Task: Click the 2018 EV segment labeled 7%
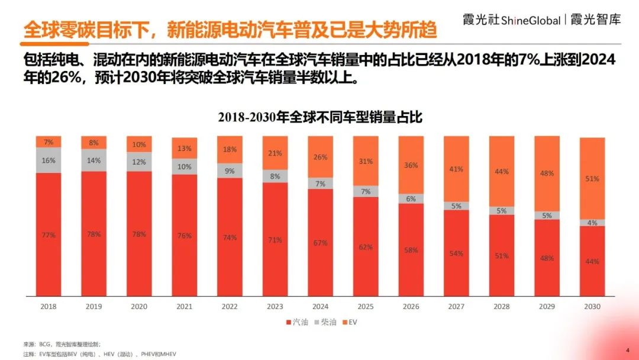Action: (49, 142)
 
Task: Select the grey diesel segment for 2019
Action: (93, 160)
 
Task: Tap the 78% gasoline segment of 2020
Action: (139, 234)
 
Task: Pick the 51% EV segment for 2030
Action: (592, 178)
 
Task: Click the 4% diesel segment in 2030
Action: (592, 223)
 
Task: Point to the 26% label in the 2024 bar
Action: (320, 157)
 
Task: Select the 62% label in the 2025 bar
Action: (366, 247)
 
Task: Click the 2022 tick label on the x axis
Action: (230, 307)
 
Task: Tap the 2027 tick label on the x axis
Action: (456, 307)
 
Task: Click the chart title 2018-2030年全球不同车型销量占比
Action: (319, 117)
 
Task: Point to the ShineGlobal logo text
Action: (531, 21)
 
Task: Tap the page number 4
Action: (627, 349)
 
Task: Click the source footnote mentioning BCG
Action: (62, 343)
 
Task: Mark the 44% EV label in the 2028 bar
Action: (502, 171)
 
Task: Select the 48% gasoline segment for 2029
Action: (547, 258)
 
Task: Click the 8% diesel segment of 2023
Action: (275, 176)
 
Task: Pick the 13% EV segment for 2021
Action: (185, 148)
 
